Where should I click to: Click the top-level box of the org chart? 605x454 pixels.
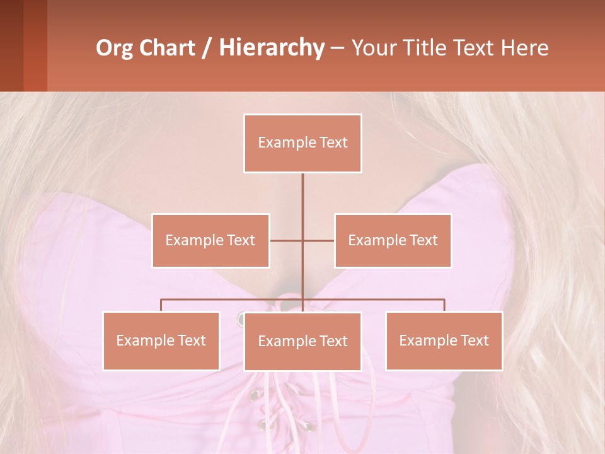click(x=302, y=143)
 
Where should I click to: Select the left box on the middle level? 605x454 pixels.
click(x=210, y=240)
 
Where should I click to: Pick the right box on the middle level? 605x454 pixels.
click(x=393, y=240)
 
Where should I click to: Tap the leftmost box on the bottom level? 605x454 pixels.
click(x=161, y=340)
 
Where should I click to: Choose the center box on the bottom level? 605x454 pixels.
click(x=302, y=341)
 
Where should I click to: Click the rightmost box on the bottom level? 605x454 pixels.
click(x=444, y=340)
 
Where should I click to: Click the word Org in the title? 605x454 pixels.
click(x=117, y=48)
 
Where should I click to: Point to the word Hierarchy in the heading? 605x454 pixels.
click(x=272, y=48)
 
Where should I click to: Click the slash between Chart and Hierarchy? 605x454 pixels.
click(x=207, y=48)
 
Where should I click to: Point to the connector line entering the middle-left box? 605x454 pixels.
click(x=286, y=240)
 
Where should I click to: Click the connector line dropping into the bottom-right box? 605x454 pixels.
click(x=444, y=305)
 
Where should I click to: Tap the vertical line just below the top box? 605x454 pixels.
click(x=302, y=189)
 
